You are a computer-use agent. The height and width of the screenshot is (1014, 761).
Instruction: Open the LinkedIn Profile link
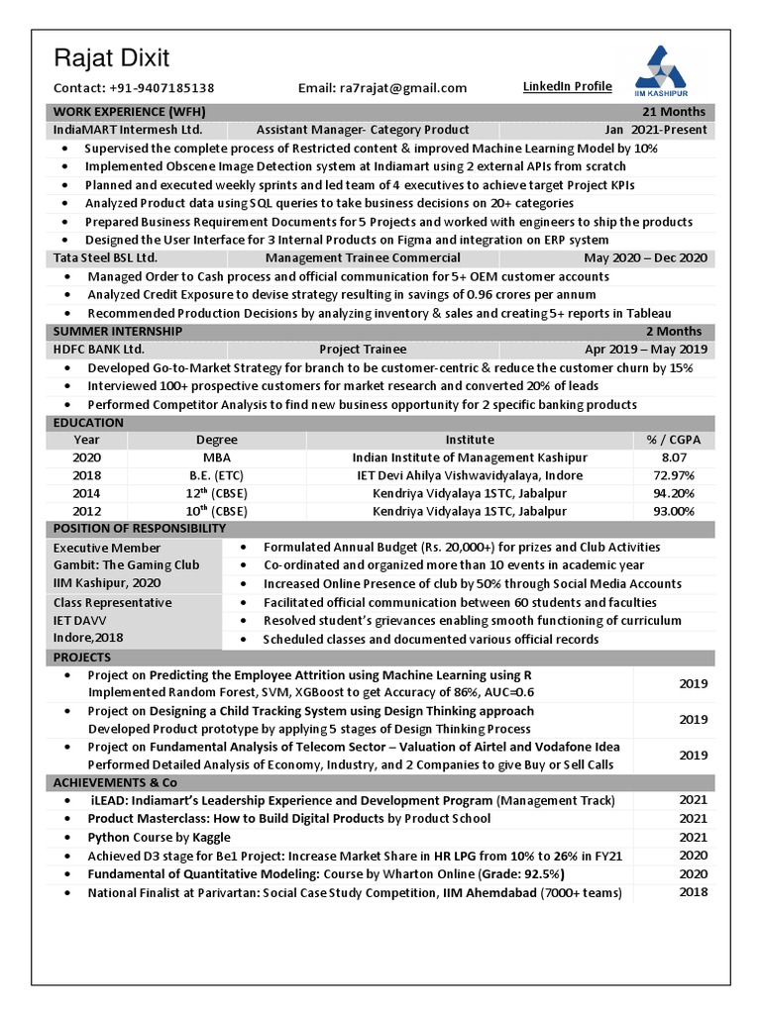point(567,87)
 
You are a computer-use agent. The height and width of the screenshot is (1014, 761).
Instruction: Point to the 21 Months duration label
point(674,111)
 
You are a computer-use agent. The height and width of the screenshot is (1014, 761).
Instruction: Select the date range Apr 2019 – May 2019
point(645,350)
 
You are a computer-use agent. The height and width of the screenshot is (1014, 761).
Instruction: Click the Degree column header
point(216,440)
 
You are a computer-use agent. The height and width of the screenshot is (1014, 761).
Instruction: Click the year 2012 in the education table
point(86,511)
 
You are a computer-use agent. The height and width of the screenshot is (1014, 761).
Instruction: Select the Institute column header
point(469,440)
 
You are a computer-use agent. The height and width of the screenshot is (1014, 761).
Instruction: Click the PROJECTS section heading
point(82,658)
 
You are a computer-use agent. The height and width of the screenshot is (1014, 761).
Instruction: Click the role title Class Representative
point(112,602)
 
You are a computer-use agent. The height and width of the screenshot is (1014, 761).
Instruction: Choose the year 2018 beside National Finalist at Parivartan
point(693,892)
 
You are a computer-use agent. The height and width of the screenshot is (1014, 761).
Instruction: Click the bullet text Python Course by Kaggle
point(158,837)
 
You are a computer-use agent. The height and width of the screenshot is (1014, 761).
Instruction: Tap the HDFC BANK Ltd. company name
point(99,350)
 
